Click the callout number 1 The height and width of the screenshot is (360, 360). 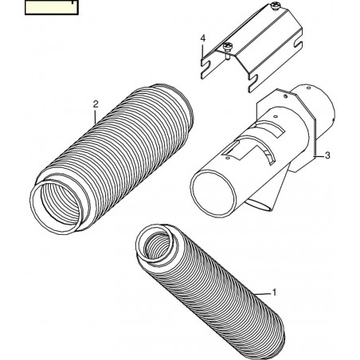[x=275, y=292]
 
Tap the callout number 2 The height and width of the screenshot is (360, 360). [x=96, y=104]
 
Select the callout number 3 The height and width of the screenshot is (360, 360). [x=327, y=155]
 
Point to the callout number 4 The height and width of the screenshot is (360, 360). [x=203, y=38]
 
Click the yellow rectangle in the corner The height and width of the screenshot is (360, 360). [x=52, y=7]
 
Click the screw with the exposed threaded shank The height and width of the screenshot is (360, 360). [x=227, y=49]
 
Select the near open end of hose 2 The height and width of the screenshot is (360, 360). [x=57, y=207]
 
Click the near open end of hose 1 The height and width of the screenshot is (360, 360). [x=155, y=245]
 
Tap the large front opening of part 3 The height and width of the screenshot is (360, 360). [x=213, y=194]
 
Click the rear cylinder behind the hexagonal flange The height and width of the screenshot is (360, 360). [x=320, y=112]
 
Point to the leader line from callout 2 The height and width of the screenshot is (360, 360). [x=96, y=116]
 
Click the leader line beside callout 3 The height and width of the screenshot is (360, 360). [x=319, y=156]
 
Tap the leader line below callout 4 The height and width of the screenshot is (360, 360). [x=203, y=50]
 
